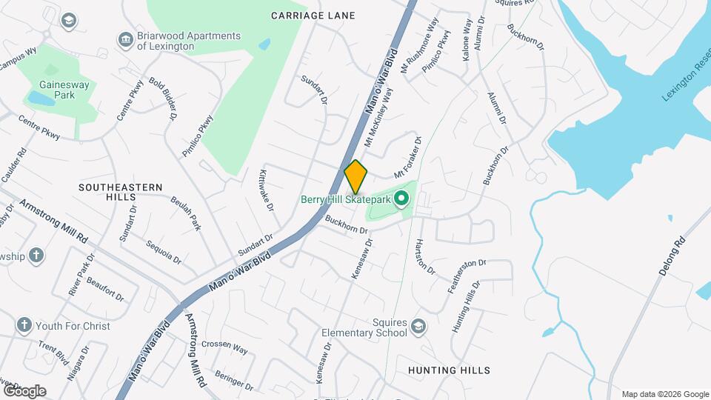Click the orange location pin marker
tap(356, 176)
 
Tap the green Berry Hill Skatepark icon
tap(402, 198)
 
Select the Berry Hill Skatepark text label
tap(346, 199)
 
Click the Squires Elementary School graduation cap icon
tap(419, 326)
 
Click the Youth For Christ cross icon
tap(24, 326)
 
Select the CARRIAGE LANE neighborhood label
tap(313, 16)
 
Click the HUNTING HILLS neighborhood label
tap(449, 370)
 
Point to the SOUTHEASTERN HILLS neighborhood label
tap(121, 193)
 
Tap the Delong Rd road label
tap(672, 256)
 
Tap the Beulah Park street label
tap(185, 213)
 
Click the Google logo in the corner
tap(24, 390)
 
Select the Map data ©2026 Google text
tap(665, 394)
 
